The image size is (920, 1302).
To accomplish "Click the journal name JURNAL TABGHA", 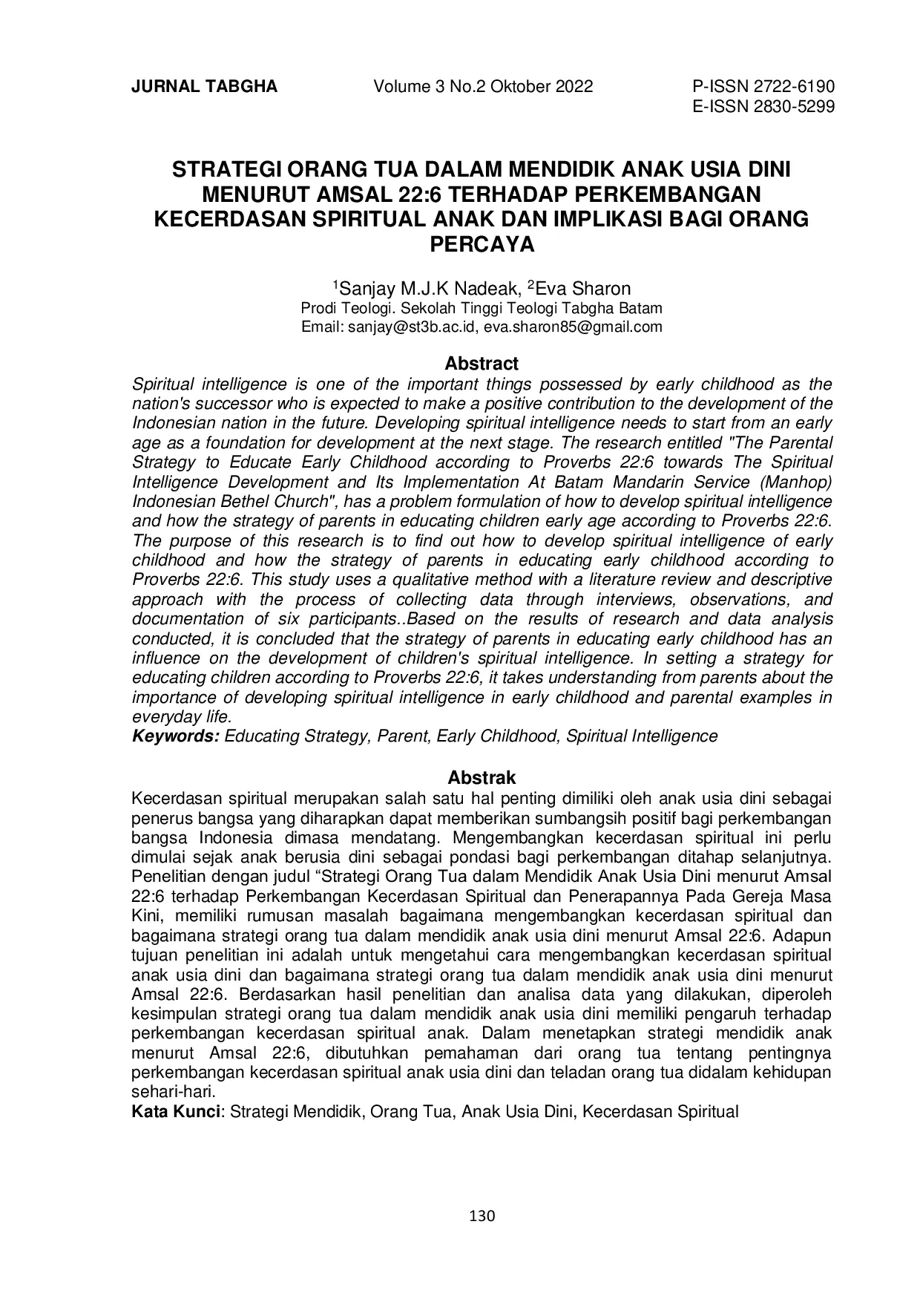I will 204,87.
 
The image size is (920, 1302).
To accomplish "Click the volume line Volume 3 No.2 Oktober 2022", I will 483,87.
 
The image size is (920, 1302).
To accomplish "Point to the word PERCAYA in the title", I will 482,245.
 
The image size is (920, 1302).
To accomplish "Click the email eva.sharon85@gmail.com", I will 572,327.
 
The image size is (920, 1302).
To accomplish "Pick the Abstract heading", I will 482,364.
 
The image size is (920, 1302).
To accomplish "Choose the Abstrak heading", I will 482,778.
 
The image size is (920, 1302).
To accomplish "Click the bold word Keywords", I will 175,736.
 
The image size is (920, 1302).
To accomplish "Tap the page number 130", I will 482,1216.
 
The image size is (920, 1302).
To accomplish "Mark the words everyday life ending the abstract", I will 182,717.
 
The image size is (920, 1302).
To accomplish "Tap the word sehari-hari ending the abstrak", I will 172,1093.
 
